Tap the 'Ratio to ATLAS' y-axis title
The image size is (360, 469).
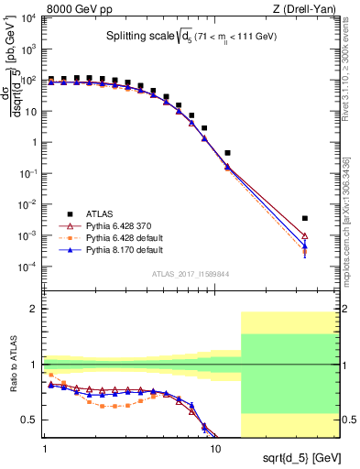tap(16, 365)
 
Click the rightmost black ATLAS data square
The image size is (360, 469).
tap(305, 218)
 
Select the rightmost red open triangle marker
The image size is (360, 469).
tap(305, 236)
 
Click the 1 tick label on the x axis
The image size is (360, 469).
tap(45, 450)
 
